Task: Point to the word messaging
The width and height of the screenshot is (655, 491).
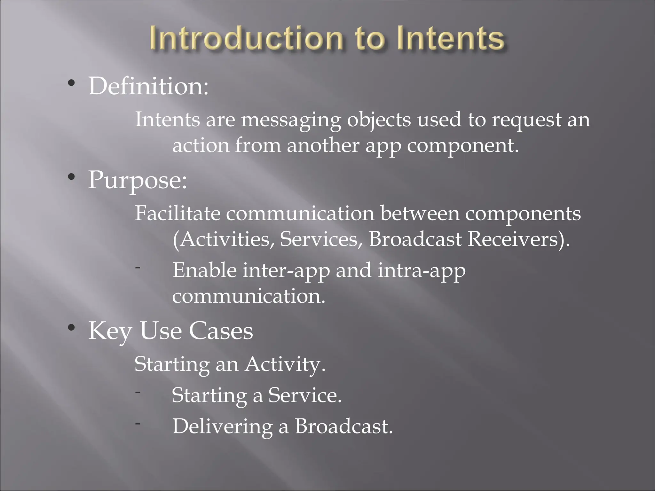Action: [291, 120]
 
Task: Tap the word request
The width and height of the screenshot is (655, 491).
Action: [526, 120]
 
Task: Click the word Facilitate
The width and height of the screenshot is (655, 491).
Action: [178, 213]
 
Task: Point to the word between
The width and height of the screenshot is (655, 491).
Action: [420, 213]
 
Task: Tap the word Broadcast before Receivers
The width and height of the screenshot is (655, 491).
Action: [415, 239]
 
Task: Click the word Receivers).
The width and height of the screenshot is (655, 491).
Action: [518, 239]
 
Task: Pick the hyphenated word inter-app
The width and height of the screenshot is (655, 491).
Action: [286, 270]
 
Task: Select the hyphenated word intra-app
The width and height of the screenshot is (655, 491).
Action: [422, 270]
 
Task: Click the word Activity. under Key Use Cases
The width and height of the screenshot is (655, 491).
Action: [285, 364]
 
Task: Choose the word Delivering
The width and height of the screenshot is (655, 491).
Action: [223, 426]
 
